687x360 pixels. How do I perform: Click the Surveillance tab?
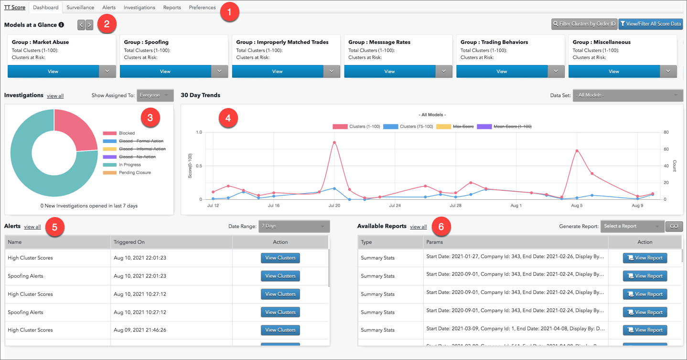point(80,8)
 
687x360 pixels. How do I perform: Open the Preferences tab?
point(202,8)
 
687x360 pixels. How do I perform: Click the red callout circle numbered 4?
point(228,118)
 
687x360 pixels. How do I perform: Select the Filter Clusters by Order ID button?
point(584,24)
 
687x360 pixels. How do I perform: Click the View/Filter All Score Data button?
point(650,24)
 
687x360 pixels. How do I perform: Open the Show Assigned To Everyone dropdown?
point(155,95)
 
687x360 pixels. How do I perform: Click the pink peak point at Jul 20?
point(334,142)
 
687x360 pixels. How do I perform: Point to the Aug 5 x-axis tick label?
point(577,206)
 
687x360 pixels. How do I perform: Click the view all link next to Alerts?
point(32,227)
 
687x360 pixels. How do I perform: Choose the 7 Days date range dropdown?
point(293,226)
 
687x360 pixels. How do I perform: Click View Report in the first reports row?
point(644,258)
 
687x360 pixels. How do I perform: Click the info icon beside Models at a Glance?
point(61,25)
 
